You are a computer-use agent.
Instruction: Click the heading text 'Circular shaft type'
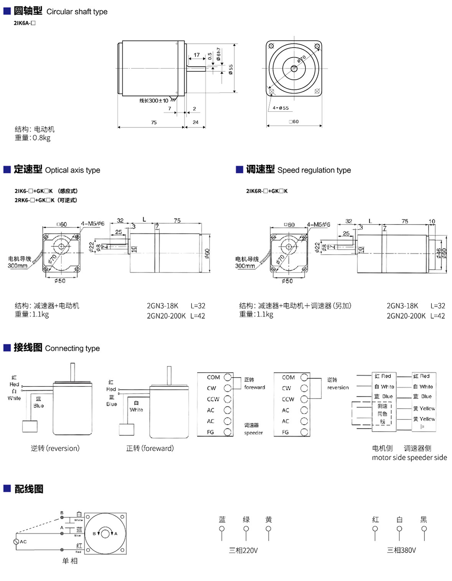pyautogui.click(x=77, y=12)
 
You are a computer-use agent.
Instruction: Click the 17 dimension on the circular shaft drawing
pyautogui.click(x=196, y=55)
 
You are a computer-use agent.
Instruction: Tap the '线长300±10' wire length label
pyautogui.click(x=153, y=101)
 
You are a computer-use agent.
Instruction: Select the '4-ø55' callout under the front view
pyautogui.click(x=280, y=108)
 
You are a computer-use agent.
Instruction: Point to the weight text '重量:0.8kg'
pyautogui.click(x=33, y=138)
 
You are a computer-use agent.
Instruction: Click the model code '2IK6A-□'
pyautogui.click(x=25, y=23)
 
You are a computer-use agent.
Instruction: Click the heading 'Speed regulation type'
pyautogui.click(x=314, y=170)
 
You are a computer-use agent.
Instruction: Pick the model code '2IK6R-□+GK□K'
pyautogui.click(x=267, y=191)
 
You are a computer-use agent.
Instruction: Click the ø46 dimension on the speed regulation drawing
pyautogui.click(x=439, y=253)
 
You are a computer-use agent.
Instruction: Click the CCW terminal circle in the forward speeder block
pyautogui.click(x=228, y=399)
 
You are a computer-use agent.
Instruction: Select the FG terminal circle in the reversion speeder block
pyautogui.click(x=304, y=432)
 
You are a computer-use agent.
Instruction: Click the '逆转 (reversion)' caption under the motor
pyautogui.click(x=55, y=448)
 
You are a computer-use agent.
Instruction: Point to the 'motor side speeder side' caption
pyautogui.click(x=409, y=457)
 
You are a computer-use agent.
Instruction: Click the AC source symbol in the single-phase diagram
pyautogui.click(x=16, y=541)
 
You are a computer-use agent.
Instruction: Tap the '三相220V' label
pyautogui.click(x=243, y=550)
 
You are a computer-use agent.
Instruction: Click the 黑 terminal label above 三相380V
pyautogui.click(x=424, y=520)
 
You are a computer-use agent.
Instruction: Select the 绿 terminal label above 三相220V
pyautogui.click(x=246, y=520)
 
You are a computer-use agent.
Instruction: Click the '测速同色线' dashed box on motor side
pyautogui.click(x=382, y=413)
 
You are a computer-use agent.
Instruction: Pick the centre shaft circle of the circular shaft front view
pyautogui.click(x=294, y=69)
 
